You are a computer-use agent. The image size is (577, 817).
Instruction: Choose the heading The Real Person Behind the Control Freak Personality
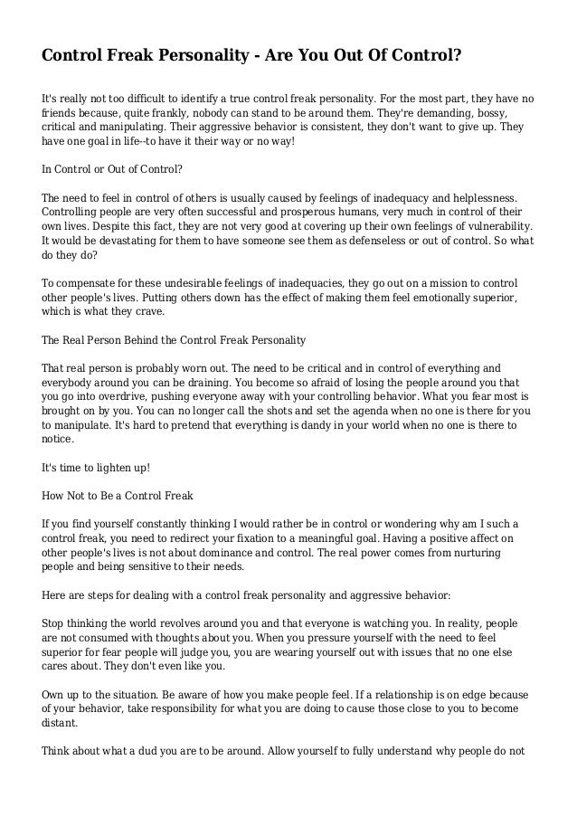click(175, 341)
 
